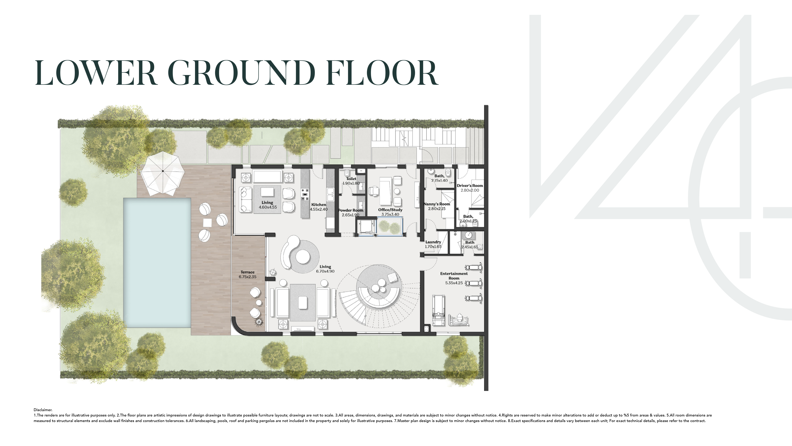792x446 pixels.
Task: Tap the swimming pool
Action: click(x=157, y=262)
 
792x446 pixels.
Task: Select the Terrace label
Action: click(x=247, y=272)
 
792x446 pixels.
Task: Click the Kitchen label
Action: click(x=319, y=205)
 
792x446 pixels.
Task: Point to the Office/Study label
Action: click(x=390, y=210)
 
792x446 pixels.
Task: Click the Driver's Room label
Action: click(x=470, y=186)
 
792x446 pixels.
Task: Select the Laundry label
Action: click(x=433, y=242)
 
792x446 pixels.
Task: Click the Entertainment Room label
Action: click(x=454, y=276)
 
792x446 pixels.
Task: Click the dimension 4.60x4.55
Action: click(x=267, y=207)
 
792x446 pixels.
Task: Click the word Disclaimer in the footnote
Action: click(x=43, y=410)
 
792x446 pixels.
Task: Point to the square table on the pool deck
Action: click(x=207, y=222)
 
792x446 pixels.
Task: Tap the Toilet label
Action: click(x=351, y=179)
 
